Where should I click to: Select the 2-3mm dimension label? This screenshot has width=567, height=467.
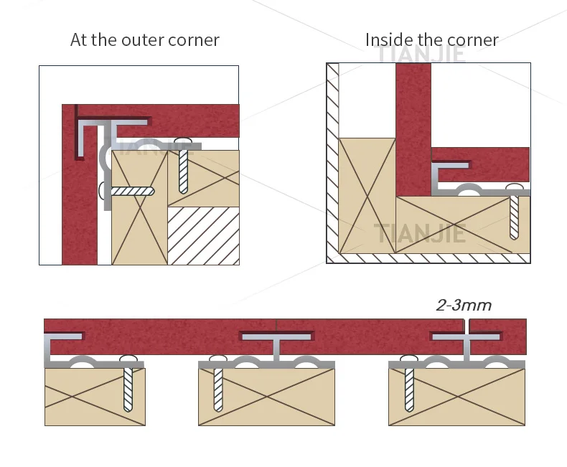click(464, 305)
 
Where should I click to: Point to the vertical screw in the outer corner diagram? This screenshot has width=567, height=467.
click(184, 167)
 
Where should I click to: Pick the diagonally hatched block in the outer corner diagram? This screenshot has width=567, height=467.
click(203, 235)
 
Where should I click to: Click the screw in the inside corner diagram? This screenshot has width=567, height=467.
click(515, 212)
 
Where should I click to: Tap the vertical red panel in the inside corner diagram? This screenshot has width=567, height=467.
click(413, 129)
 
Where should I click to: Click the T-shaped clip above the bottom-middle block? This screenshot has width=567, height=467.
click(276, 344)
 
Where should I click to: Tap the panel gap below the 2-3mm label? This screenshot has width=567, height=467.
click(467, 326)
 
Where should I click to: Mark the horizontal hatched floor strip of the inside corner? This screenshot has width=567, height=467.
click(431, 258)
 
